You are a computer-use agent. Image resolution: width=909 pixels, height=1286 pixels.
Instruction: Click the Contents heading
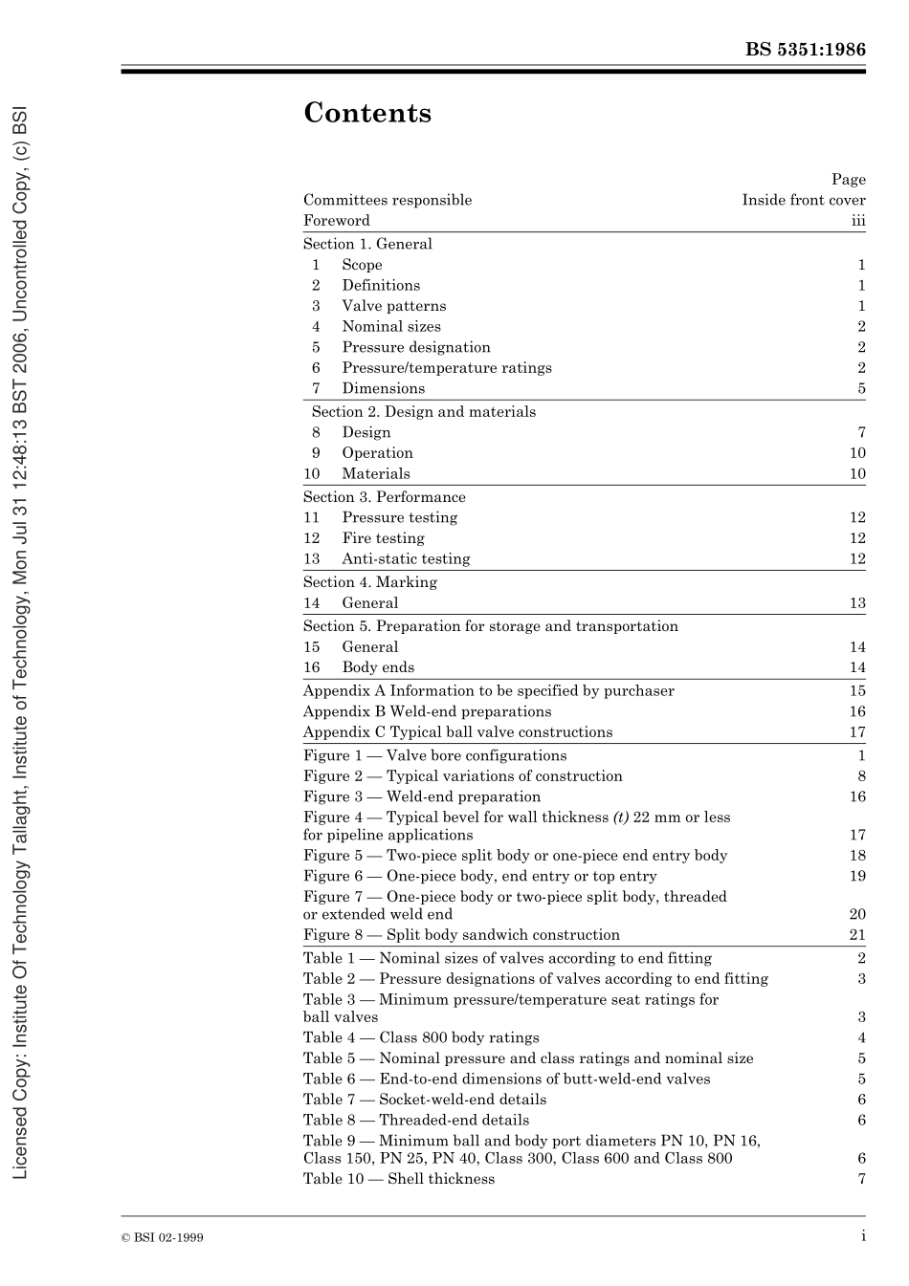tap(367, 114)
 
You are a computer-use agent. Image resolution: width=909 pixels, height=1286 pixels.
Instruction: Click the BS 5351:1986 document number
tap(805, 50)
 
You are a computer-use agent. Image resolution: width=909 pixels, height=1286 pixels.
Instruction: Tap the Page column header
tap(848, 179)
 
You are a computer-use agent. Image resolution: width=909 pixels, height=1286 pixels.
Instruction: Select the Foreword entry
tap(336, 220)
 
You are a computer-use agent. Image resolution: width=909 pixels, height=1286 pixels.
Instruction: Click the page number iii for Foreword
tap(858, 220)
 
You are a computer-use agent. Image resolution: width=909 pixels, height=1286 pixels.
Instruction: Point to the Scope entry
tap(362, 265)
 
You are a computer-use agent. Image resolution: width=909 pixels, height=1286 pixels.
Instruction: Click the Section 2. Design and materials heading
tap(423, 411)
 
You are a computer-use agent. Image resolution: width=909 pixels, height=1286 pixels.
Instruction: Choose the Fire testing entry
tap(383, 538)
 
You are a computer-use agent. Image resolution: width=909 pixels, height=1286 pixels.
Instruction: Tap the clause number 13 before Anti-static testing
tap(312, 558)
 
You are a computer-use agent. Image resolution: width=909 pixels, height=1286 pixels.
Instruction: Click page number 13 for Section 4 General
tap(857, 603)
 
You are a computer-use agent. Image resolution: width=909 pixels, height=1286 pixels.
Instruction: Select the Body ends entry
tap(378, 667)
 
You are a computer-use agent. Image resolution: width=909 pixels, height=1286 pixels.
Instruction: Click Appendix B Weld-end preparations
tap(427, 711)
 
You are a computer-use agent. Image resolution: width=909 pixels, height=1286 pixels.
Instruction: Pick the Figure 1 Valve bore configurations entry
tap(434, 755)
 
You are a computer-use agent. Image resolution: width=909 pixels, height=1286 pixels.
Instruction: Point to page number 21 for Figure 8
tap(857, 935)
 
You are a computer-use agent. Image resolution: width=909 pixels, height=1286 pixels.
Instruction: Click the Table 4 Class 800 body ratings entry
tap(421, 1037)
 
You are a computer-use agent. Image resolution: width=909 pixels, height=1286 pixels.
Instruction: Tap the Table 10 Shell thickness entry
tap(399, 1179)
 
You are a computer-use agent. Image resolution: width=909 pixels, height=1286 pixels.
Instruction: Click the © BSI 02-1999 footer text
tap(162, 1237)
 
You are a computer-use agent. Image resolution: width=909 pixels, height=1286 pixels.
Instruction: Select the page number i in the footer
tap(863, 1236)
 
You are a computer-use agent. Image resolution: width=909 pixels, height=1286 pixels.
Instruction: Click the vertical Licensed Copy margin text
tap(20, 641)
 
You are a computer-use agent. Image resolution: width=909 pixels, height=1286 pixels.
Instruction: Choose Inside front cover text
tap(804, 200)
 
